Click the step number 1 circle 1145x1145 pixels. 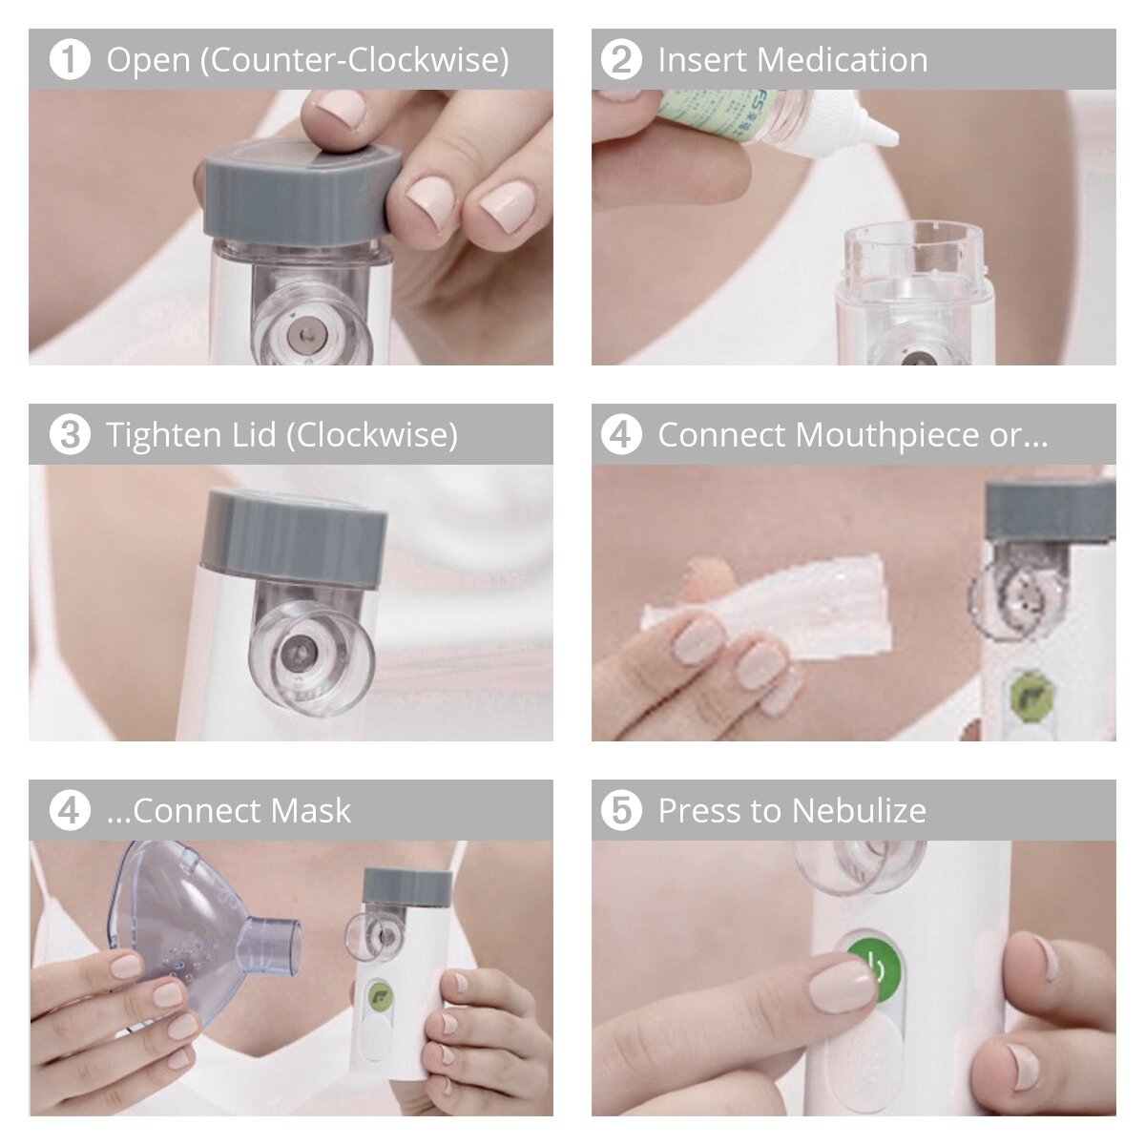coord(69,59)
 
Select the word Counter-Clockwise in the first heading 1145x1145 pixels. coord(354,59)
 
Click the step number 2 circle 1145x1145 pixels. coord(621,59)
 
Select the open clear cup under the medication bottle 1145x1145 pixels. coord(914,258)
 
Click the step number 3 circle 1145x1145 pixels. coord(69,435)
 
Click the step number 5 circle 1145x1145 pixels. coord(621,811)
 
